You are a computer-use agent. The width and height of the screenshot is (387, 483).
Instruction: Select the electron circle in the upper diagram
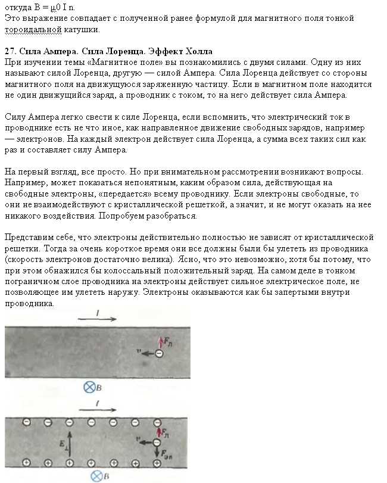click(158, 354)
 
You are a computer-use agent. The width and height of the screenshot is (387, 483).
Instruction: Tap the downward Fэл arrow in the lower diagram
click(157, 454)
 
